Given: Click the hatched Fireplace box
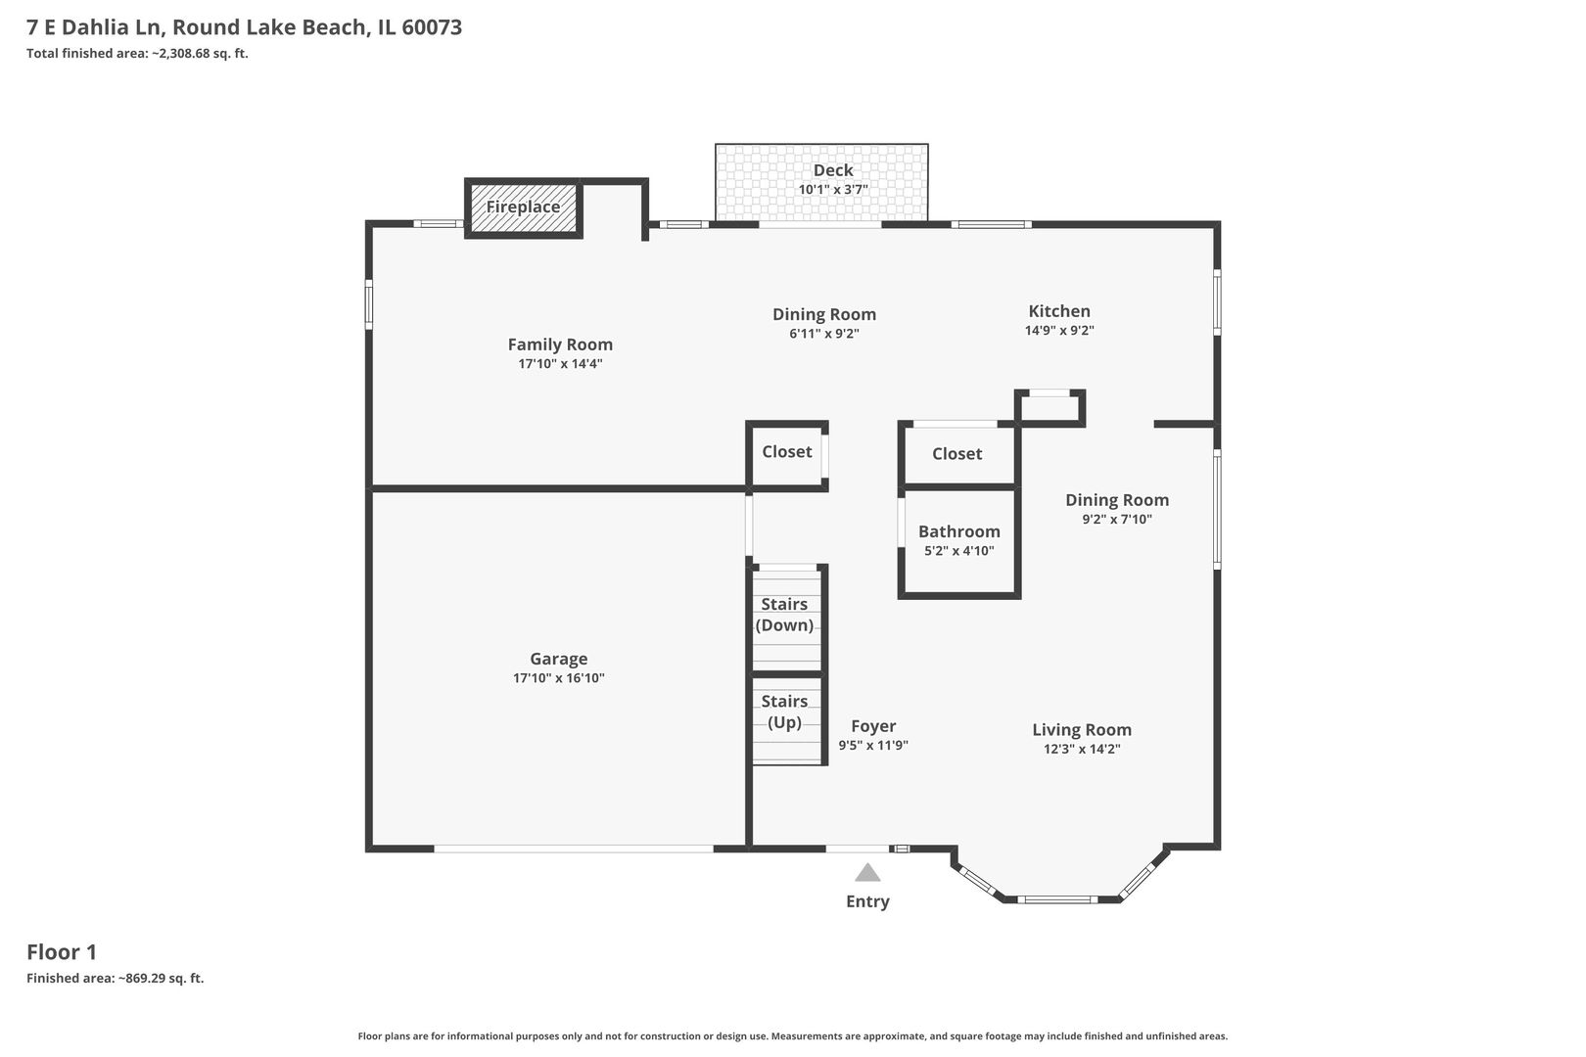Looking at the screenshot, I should point(523,207).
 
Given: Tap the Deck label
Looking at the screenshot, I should point(833,170).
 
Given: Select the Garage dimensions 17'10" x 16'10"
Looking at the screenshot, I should point(558,678).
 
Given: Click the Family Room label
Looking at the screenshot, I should point(560,345).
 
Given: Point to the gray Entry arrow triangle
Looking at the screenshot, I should point(867,873).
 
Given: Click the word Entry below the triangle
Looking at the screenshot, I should point(867,901).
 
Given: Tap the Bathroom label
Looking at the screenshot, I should point(958,531).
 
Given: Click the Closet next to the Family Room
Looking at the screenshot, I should point(787,452).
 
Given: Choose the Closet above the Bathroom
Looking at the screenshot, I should point(956,454).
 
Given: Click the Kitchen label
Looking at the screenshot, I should point(1058,311).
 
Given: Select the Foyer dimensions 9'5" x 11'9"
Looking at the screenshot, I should point(873,745).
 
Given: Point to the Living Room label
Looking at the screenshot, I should point(1081,729).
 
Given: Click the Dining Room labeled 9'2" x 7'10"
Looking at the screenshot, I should point(1117,500).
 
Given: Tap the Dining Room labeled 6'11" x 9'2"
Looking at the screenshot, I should point(823,314).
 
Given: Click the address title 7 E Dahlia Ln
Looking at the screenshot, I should point(245,27).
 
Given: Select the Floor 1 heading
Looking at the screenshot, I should point(62,951).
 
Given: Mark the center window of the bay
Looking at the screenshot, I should point(1056,899).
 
